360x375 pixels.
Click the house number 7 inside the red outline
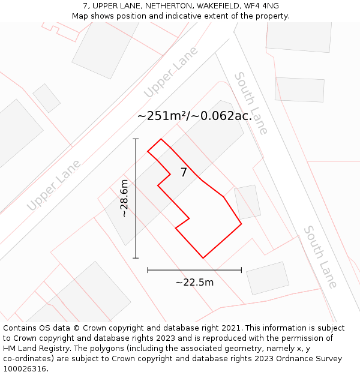[x=184, y=173]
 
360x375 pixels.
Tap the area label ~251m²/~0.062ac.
[x=194, y=116]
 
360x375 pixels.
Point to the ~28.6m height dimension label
[x=124, y=198]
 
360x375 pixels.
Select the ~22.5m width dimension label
[x=194, y=283]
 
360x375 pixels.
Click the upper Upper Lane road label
[x=171, y=73]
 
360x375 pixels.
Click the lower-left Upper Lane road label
[x=53, y=185]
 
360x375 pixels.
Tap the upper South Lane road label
[x=251, y=103]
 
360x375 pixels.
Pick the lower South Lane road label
[x=320, y=256]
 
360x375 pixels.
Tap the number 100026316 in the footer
[x=25, y=369]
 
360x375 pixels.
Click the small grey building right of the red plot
[x=247, y=202]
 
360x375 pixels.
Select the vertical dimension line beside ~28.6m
[x=136, y=198]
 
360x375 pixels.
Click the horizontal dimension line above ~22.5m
[x=194, y=270]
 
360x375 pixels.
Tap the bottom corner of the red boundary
[x=203, y=258]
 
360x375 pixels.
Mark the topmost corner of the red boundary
[x=160, y=139]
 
